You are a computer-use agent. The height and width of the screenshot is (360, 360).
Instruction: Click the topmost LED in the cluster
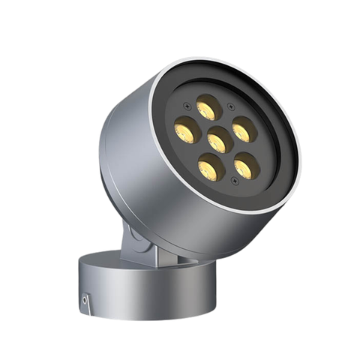[209, 107]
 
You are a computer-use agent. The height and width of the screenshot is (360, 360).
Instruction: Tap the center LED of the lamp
[220, 139]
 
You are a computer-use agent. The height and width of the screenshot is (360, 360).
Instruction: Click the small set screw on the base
[85, 301]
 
